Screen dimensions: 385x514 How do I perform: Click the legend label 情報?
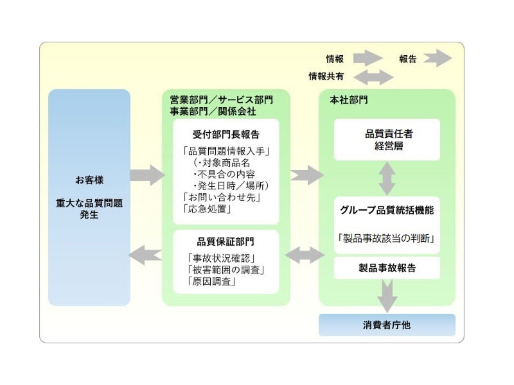(x=335, y=59)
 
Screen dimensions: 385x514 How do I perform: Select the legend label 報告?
(x=407, y=59)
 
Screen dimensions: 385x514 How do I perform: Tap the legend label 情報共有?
(x=326, y=76)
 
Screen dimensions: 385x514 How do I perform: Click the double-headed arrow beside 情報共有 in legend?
(x=373, y=77)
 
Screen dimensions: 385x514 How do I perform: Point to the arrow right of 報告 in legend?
(x=438, y=58)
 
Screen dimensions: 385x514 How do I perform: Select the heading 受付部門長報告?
(x=226, y=135)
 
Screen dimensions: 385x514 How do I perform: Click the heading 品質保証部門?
(x=226, y=242)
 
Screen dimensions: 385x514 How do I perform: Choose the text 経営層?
(x=387, y=146)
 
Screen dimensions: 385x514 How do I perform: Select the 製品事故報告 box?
(x=387, y=268)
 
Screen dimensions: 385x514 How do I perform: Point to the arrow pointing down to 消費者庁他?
(x=387, y=296)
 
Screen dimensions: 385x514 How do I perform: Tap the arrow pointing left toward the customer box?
(x=145, y=255)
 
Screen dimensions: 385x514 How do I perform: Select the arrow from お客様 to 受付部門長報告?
(x=146, y=175)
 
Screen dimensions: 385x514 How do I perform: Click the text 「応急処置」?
(x=207, y=209)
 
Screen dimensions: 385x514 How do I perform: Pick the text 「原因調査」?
(x=209, y=281)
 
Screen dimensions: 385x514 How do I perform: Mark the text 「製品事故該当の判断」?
(x=387, y=238)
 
